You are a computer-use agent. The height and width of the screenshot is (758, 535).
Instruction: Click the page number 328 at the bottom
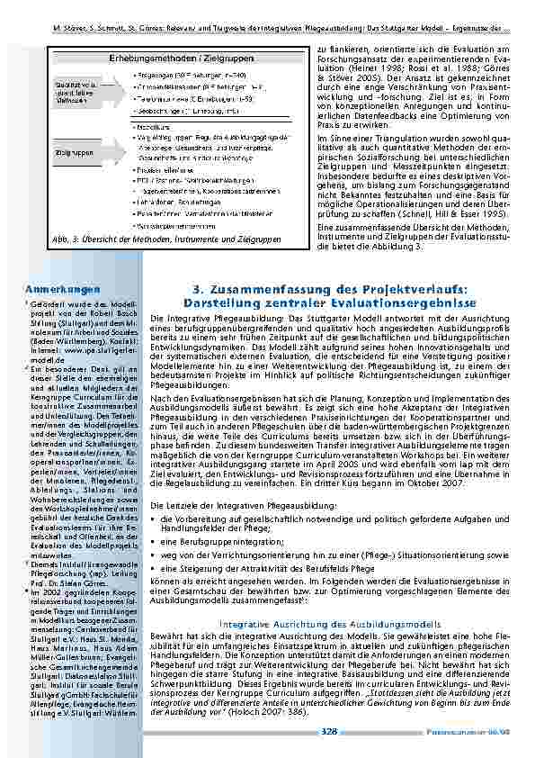pyautogui.click(x=330, y=732)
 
